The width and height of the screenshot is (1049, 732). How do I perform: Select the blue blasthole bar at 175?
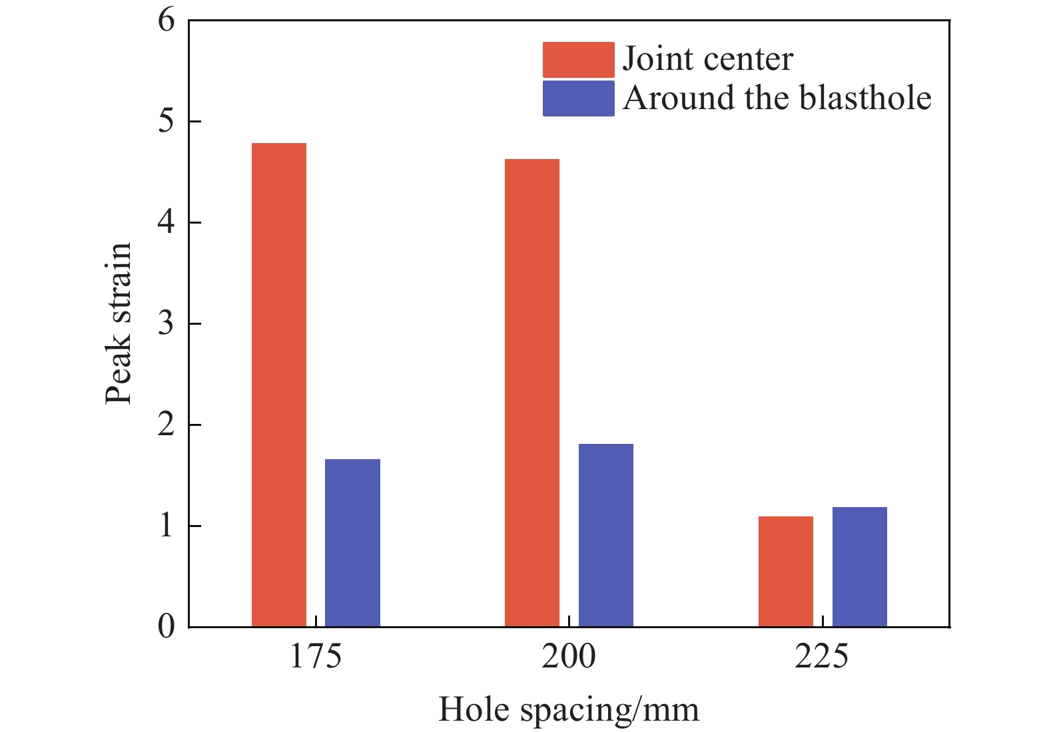click(352, 542)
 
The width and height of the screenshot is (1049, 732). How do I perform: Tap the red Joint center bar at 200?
click(532, 393)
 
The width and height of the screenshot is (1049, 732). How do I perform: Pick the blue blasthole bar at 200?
click(605, 535)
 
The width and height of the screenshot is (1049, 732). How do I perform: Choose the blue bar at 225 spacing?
click(859, 566)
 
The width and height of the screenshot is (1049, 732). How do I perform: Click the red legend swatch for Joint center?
click(578, 60)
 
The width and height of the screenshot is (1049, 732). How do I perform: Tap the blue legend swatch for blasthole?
click(578, 98)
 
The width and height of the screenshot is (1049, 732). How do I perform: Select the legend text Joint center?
click(708, 60)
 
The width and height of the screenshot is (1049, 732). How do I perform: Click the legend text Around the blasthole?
click(777, 98)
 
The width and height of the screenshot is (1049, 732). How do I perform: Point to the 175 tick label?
click(315, 657)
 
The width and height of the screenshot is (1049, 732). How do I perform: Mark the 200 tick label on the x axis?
click(568, 657)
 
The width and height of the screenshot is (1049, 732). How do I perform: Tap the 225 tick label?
click(822, 657)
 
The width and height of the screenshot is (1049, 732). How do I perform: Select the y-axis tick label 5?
click(167, 121)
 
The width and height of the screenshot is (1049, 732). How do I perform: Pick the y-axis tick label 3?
click(167, 323)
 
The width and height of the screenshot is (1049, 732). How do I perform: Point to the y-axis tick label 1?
click(167, 526)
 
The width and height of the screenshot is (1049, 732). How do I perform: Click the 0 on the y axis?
click(167, 626)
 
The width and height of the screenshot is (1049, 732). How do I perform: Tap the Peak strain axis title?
click(119, 323)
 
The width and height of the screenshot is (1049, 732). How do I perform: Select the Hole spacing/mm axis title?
click(569, 709)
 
